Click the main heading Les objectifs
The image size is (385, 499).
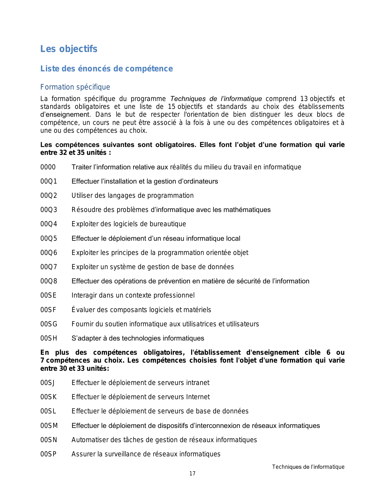pos(69,49)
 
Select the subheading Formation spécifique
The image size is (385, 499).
pos(75,87)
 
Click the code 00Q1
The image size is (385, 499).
pos(49,181)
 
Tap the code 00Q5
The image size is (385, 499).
pos(49,239)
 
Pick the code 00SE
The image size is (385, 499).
pos(48,295)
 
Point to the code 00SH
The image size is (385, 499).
pos(49,338)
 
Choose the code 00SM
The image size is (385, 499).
pos(49,426)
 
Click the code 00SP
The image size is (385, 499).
pos(48,454)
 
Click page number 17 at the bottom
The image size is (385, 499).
pos(192,474)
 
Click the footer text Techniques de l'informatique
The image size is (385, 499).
pos(308,467)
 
